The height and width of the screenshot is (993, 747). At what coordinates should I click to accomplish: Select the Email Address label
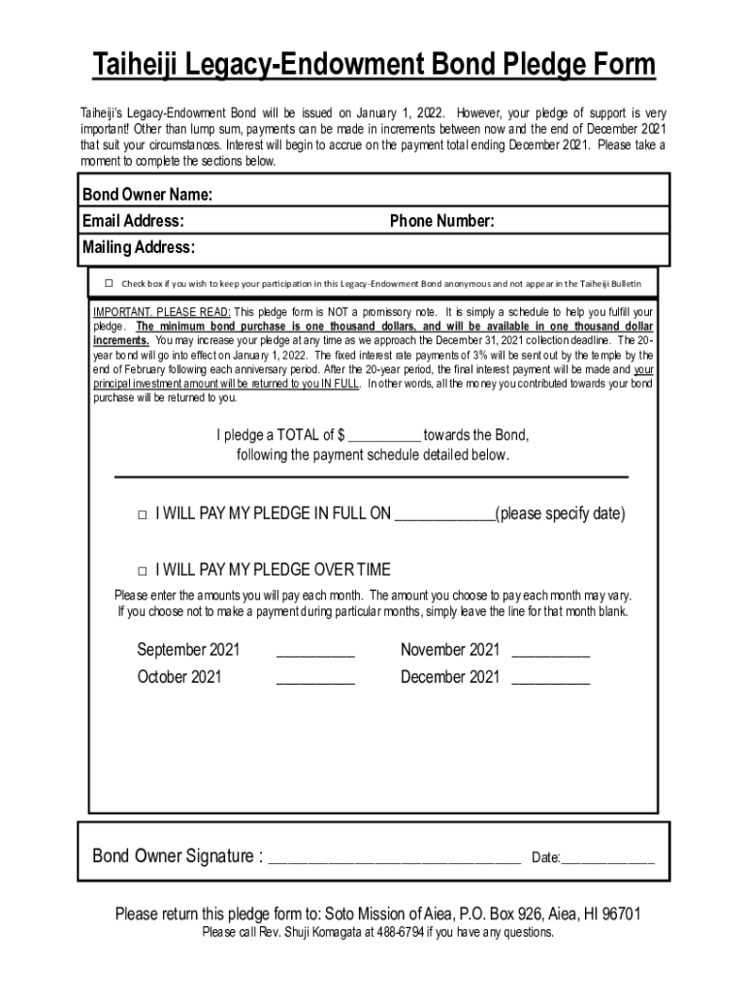(x=134, y=221)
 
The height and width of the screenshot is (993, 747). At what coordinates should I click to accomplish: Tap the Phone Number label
(x=442, y=221)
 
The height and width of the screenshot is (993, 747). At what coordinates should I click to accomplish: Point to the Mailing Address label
(x=139, y=247)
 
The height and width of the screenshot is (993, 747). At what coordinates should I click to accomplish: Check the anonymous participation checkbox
(x=110, y=283)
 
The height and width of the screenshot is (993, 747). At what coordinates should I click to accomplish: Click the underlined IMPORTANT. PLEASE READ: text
(x=162, y=312)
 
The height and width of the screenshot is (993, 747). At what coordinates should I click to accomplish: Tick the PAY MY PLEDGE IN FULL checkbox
(x=143, y=514)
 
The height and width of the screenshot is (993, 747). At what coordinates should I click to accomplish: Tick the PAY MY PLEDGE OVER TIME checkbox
(x=143, y=569)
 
